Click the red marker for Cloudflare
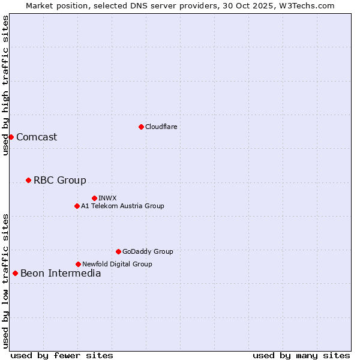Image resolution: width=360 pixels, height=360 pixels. (x=141, y=127)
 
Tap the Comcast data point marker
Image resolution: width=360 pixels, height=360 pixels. (x=11, y=137)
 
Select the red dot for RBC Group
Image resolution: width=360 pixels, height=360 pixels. (x=28, y=180)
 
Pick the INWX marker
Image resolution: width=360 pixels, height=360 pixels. (x=94, y=198)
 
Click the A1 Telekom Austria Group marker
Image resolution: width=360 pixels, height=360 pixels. (x=77, y=206)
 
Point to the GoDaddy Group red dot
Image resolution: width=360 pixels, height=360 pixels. (x=118, y=251)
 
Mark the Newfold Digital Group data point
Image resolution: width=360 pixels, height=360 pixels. (x=78, y=264)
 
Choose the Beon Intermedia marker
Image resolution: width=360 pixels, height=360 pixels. (x=15, y=273)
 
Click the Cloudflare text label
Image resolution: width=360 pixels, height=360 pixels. (x=161, y=127)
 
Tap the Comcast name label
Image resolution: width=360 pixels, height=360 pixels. (x=37, y=137)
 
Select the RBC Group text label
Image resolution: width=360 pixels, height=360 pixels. (x=60, y=180)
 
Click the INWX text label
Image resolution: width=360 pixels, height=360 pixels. (x=107, y=198)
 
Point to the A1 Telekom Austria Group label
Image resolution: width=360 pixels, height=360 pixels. (x=122, y=206)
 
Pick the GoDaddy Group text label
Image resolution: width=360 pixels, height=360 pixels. (x=148, y=251)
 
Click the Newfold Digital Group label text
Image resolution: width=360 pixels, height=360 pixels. (x=117, y=264)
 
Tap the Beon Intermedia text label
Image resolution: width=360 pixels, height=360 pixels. (x=61, y=273)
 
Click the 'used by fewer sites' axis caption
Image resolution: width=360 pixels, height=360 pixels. (x=62, y=355)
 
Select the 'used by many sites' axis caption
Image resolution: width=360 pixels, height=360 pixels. (x=301, y=355)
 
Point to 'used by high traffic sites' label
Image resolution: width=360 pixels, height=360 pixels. (x=5, y=85)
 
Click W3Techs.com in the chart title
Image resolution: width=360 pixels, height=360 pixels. (x=306, y=5)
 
